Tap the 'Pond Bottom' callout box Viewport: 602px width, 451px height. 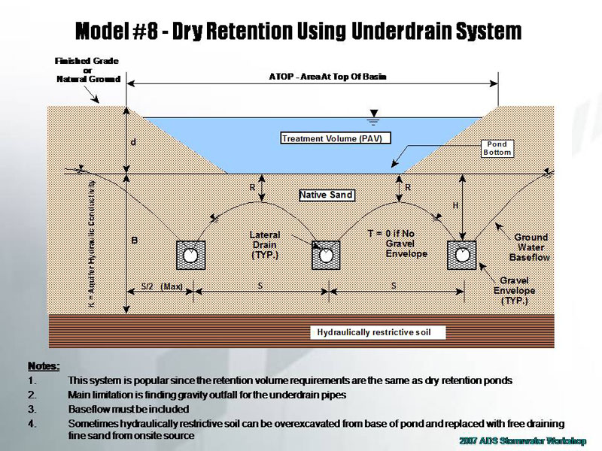(x=497, y=148)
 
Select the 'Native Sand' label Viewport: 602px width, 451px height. (x=327, y=195)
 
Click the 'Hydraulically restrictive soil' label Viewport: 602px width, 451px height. (x=374, y=332)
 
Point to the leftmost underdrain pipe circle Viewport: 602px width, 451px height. (x=191, y=256)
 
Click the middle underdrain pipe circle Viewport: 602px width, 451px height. (x=326, y=256)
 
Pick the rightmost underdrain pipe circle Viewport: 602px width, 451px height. (x=461, y=256)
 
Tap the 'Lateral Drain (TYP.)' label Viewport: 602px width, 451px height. (x=264, y=245)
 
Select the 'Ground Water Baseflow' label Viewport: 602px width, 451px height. (x=531, y=247)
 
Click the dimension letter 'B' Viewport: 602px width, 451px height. (x=135, y=241)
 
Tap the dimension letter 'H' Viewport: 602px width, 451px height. (x=455, y=205)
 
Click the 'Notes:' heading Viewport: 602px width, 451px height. (x=44, y=366)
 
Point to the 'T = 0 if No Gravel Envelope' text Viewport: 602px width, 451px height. (x=391, y=244)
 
